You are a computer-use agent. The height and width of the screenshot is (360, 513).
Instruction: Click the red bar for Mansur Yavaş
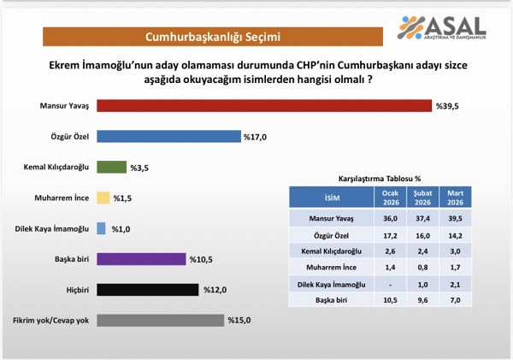(x=263, y=105)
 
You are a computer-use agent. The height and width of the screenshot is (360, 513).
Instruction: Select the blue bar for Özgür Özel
(x=168, y=136)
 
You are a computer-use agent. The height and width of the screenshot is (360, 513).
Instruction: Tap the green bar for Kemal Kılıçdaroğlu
(x=111, y=167)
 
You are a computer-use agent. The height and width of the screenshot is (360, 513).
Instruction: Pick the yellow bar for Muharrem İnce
(x=103, y=198)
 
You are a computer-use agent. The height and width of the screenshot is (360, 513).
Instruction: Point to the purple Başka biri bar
(x=141, y=258)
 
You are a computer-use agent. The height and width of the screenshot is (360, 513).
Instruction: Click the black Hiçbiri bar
(x=148, y=289)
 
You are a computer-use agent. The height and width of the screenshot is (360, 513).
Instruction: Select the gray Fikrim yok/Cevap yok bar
(x=160, y=320)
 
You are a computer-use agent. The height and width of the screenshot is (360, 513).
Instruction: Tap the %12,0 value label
(x=217, y=289)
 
